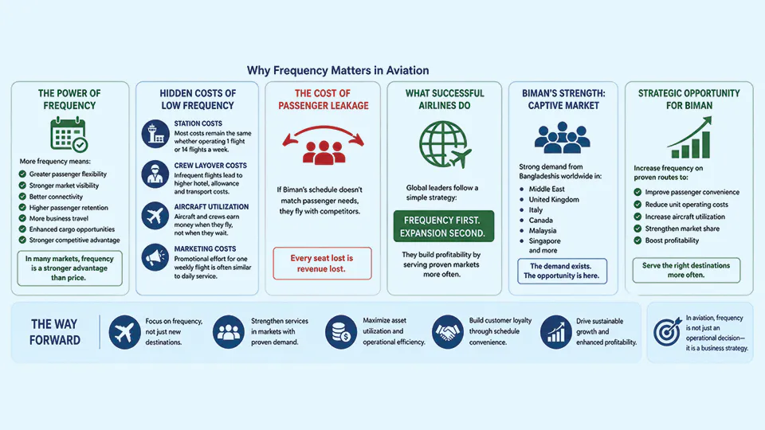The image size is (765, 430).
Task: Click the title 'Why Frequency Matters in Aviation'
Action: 338,70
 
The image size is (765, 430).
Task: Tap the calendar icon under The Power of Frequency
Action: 69,135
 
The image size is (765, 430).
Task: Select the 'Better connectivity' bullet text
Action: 56,197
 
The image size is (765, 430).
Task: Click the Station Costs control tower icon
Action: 155,134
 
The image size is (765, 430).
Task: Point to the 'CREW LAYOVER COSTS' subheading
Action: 210,166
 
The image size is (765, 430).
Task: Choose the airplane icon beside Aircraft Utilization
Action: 155,216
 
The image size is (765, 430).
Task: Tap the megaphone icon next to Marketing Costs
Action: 155,257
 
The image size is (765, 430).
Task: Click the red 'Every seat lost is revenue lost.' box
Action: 322,264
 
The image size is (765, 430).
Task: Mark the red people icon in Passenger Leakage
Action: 324,152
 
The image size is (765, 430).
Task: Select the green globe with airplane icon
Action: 445,144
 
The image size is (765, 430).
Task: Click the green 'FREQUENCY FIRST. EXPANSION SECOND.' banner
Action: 444,226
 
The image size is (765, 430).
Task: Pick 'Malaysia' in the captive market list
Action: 543,231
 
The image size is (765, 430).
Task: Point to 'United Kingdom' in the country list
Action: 554,199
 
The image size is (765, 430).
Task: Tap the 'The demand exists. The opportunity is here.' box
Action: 562,271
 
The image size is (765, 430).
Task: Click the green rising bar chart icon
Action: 689,138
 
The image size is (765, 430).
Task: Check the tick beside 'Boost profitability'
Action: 637,240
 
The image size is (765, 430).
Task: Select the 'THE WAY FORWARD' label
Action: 55,332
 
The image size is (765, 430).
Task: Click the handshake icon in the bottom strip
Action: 447,332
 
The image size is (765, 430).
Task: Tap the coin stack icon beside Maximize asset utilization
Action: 340,332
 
